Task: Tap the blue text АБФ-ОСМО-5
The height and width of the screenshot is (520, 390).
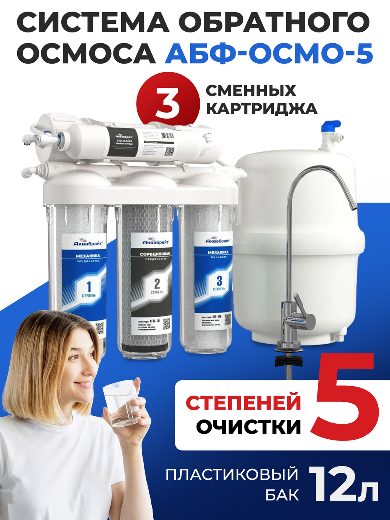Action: [x=269, y=53]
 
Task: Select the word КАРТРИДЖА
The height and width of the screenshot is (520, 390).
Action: [x=261, y=108]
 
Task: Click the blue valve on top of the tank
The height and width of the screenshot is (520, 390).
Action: [x=330, y=127]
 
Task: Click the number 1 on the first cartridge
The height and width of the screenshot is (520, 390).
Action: [x=89, y=287]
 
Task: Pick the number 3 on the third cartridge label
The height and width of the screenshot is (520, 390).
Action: [x=219, y=280]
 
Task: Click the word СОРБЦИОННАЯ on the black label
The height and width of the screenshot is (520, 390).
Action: [x=155, y=254]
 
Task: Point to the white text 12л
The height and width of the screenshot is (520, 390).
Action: [x=343, y=485]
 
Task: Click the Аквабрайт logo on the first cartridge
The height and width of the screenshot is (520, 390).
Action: [x=88, y=242]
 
